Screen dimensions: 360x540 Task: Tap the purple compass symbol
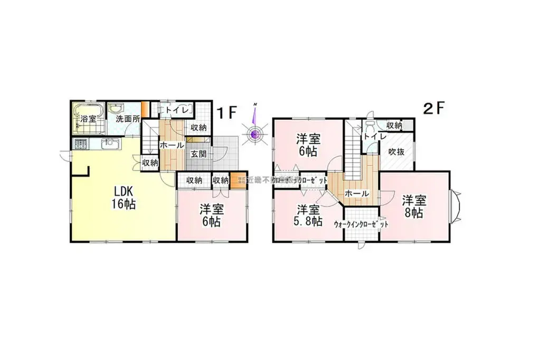[x=254, y=134]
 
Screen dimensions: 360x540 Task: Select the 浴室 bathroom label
[x=87, y=119]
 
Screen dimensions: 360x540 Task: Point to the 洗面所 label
[x=128, y=119]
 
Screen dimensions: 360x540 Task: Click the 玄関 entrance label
[x=198, y=154]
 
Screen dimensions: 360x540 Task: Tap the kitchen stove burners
[x=81, y=144]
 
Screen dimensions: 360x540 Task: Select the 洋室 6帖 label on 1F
[x=211, y=215]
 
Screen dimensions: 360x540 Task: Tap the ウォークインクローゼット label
[x=361, y=224]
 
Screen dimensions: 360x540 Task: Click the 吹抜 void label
[x=396, y=151]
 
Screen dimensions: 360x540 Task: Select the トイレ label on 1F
[x=172, y=110]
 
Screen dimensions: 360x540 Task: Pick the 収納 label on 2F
[x=394, y=125]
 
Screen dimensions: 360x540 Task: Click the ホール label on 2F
[x=356, y=194]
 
